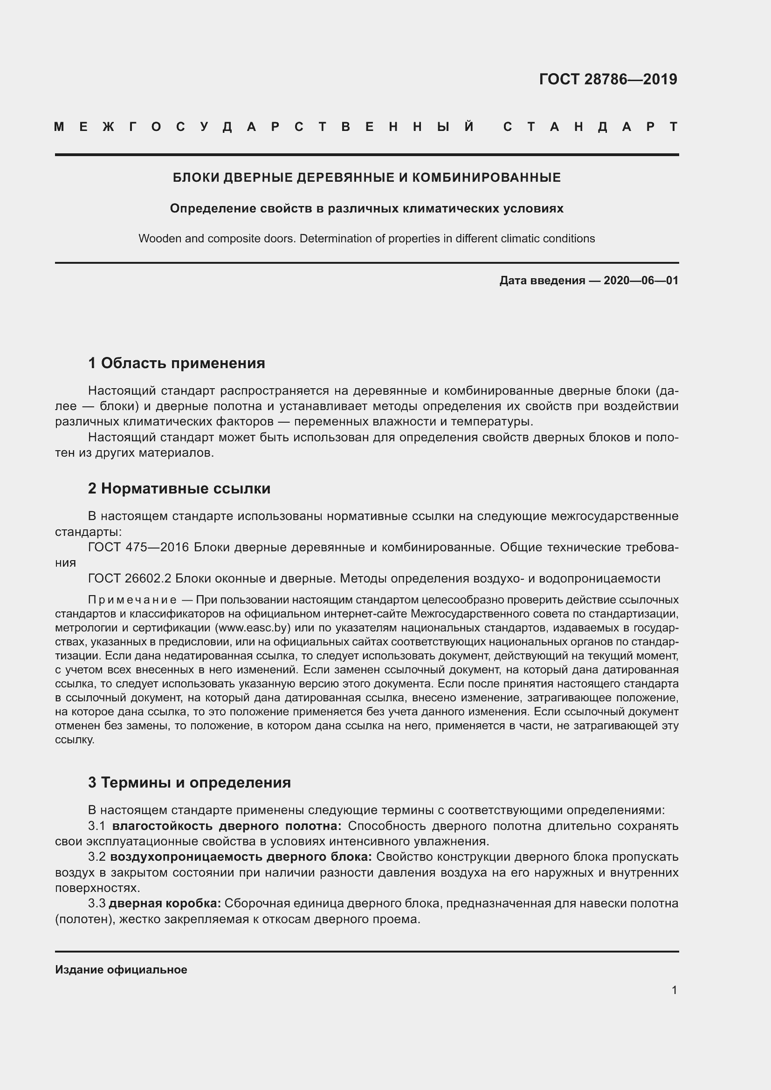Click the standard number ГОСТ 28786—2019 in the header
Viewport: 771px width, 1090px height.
click(x=608, y=79)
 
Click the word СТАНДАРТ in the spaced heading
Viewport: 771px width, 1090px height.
click(x=590, y=127)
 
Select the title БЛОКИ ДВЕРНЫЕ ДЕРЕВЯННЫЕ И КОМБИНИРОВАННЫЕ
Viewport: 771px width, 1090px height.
click(x=366, y=178)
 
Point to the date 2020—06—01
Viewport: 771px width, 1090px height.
click(x=641, y=281)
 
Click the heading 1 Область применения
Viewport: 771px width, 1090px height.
click(x=177, y=363)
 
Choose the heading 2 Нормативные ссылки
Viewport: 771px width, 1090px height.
click(x=179, y=488)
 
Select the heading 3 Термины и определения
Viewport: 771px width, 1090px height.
click(x=189, y=782)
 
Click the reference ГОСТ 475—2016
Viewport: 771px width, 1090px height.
click(x=138, y=548)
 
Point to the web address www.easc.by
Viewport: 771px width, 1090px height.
click(x=253, y=628)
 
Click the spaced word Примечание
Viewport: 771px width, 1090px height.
click(x=132, y=600)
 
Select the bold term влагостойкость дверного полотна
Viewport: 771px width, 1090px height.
click(x=227, y=826)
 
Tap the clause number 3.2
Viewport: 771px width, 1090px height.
click(x=96, y=857)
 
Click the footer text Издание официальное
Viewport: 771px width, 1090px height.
click(x=121, y=970)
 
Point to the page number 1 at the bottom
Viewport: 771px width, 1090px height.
click(x=674, y=990)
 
